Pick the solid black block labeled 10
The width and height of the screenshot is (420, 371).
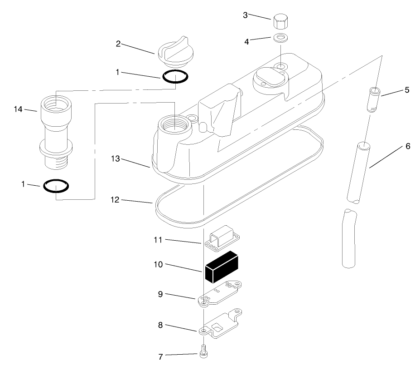pos(222,266)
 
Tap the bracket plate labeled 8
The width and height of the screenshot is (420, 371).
pos(222,324)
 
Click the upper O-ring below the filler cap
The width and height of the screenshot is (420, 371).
pos(175,77)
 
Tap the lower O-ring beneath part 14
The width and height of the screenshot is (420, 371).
pos(56,186)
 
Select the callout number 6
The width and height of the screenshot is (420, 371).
pos(407,146)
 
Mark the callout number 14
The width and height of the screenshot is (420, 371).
pos(18,109)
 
